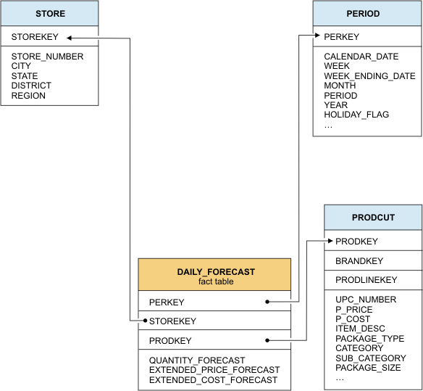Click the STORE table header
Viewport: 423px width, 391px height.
49,14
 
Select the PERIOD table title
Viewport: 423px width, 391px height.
363,14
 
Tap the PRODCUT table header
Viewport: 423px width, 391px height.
373,218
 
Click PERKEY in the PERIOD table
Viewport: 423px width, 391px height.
341,36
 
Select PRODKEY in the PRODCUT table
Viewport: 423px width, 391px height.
356,242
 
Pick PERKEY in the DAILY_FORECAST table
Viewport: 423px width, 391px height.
167,302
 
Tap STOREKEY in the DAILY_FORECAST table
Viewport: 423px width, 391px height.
172,321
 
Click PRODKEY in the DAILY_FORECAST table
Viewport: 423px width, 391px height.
170,340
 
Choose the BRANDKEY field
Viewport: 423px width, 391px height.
359,260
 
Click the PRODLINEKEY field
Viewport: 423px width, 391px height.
366,280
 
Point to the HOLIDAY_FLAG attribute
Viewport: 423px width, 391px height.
356,115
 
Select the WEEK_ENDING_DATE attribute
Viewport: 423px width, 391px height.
369,76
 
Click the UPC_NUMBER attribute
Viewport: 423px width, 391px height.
366,300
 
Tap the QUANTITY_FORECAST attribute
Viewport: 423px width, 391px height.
197,360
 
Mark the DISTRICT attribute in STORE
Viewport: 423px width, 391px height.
31,86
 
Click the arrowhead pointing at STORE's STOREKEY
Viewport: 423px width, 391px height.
70,37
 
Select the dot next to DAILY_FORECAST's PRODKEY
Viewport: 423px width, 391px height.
267,340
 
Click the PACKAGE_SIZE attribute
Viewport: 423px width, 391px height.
368,368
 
